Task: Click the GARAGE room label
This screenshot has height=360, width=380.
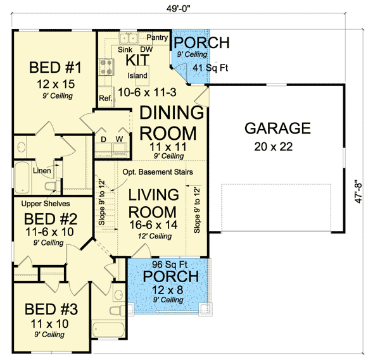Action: click(x=277, y=128)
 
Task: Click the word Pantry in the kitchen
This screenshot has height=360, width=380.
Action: click(x=157, y=38)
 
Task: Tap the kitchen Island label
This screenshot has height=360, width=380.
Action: click(x=137, y=76)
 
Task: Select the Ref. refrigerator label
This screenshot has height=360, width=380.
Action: click(x=105, y=98)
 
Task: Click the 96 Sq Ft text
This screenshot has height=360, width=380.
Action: click(x=168, y=266)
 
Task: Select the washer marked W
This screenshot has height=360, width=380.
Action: click(x=118, y=139)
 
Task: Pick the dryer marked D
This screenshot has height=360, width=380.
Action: click(x=103, y=139)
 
